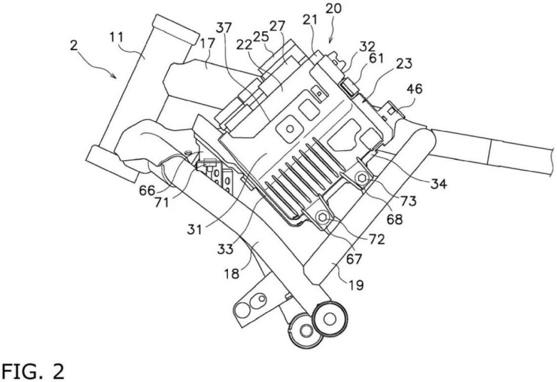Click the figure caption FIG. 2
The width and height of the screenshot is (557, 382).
pos(33,371)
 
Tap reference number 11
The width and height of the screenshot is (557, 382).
pos(116,37)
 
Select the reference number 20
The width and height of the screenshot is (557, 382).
pos(333,8)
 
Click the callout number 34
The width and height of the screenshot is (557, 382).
pos(438,184)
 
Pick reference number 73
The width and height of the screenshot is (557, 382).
pos(408,201)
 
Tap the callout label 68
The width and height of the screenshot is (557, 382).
pos(395,219)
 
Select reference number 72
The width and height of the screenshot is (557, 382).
pos(377,239)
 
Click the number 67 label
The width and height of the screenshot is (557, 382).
pos(353,259)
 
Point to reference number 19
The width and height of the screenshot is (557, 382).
pos(355,284)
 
